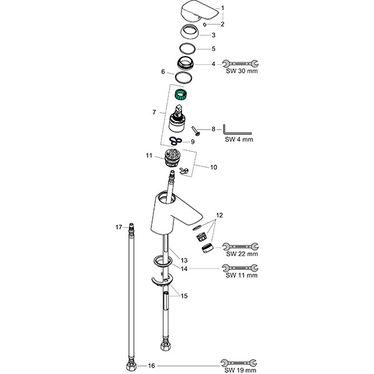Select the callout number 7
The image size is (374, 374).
point(154,112)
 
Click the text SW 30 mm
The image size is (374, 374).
point(242,71)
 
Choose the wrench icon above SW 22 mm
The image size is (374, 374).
point(240,246)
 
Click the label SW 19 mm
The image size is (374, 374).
point(240,370)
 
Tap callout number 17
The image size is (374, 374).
point(119,228)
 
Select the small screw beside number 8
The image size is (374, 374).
point(195,131)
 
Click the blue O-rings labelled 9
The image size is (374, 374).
point(175,141)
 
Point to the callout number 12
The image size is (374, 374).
point(219,215)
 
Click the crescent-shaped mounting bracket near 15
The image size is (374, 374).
point(162,280)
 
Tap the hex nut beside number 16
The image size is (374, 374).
point(131,366)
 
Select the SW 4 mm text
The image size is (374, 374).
point(239,139)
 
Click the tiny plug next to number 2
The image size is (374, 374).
point(204,24)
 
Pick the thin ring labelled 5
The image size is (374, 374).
point(188,49)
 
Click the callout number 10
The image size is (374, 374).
point(213,167)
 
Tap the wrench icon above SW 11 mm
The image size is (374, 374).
point(240,268)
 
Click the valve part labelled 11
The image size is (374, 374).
point(172,158)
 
